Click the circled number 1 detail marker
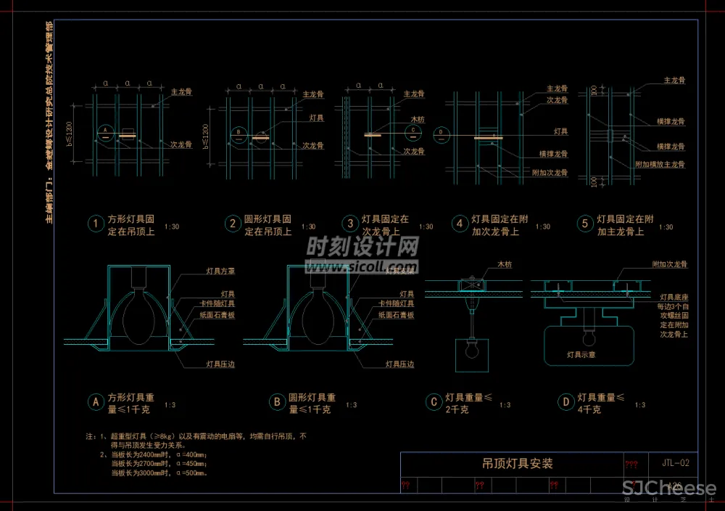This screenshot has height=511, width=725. pos(96,224)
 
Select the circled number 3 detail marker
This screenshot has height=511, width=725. pos(349,224)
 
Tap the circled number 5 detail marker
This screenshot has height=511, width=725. pos(584,224)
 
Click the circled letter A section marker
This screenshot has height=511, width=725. pos(95,401)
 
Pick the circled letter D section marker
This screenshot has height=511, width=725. pos(565,401)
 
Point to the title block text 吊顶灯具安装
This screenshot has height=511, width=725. pos(517,464)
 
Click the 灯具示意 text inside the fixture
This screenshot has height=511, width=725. pos(581,355)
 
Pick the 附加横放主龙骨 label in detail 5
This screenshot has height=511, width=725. pos(660,165)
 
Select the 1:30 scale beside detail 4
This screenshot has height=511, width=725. pos(542,227)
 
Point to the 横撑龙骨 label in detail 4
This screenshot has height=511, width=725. pos(553,154)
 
